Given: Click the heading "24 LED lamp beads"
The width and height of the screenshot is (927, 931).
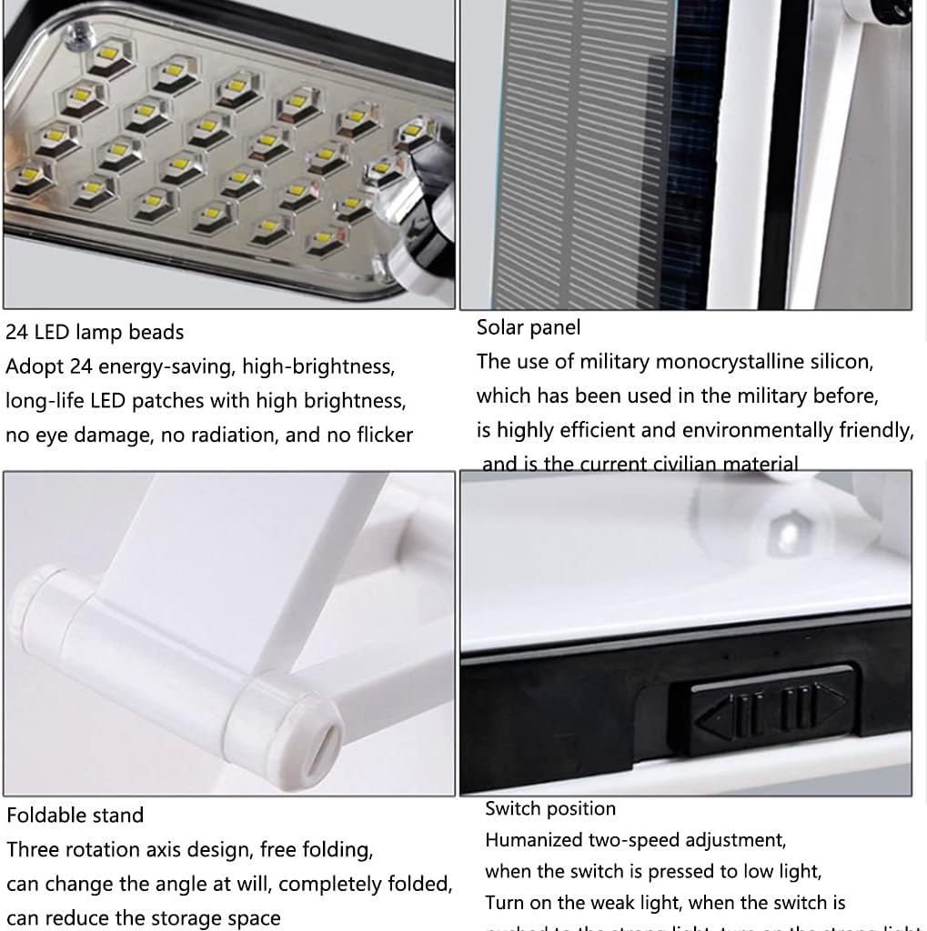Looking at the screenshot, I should (x=95, y=333).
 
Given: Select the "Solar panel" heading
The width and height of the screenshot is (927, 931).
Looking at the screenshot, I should (x=529, y=327).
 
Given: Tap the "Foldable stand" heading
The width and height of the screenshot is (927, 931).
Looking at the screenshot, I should (x=76, y=816).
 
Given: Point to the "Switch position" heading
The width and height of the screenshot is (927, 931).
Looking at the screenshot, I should (x=550, y=809).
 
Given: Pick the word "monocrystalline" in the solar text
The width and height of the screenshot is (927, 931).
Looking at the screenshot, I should (x=731, y=362).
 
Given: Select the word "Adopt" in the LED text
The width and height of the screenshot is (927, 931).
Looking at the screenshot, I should (x=34, y=367).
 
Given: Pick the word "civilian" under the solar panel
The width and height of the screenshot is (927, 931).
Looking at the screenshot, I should (x=695, y=465).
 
